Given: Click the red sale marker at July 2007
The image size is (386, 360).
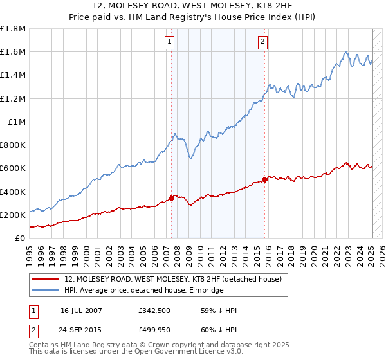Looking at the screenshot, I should point(172,198).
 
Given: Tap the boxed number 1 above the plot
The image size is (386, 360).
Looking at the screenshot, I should point(169,42).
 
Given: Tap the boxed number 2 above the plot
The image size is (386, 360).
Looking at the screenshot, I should point(263,42).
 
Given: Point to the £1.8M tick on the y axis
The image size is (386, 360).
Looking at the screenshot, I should point(13,29).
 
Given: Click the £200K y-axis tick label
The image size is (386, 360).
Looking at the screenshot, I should point(13,215).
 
